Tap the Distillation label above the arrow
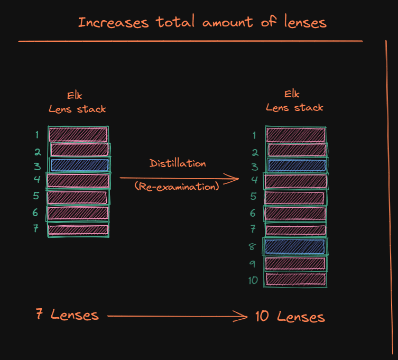click(178, 163)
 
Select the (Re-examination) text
click(177, 186)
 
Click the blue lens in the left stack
click(79, 165)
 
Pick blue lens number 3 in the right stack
click(296, 165)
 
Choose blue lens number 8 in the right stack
click(295, 246)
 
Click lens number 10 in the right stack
click(295, 279)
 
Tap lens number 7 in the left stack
click(78, 229)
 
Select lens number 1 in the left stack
click(78, 134)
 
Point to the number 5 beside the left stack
click(36, 196)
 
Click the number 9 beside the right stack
click(253, 263)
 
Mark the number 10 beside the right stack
click(253, 280)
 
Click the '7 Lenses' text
click(67, 315)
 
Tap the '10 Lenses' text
click(290, 317)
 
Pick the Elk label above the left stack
click(75, 96)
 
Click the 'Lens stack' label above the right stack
click(294, 107)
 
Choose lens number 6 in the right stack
click(295, 214)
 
